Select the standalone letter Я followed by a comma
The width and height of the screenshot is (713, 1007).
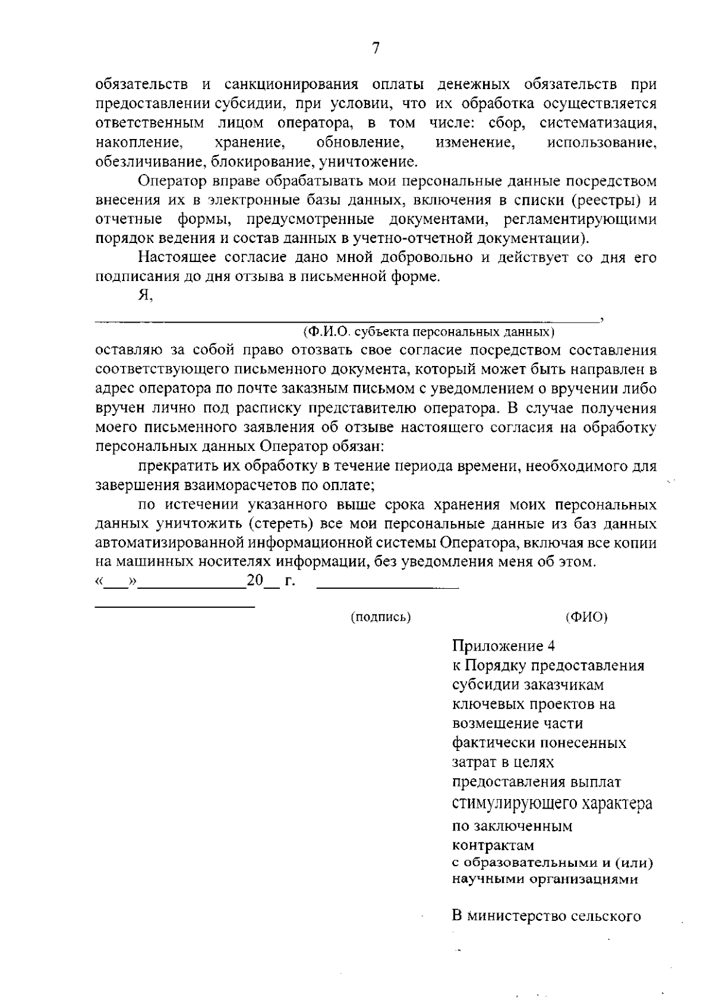145,296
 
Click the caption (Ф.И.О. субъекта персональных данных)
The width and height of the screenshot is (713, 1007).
428,330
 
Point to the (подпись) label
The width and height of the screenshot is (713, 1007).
381,617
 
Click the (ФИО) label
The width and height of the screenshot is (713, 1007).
587,617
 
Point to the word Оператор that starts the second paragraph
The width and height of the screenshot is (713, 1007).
166,181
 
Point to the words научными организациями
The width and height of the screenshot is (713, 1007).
545,879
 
